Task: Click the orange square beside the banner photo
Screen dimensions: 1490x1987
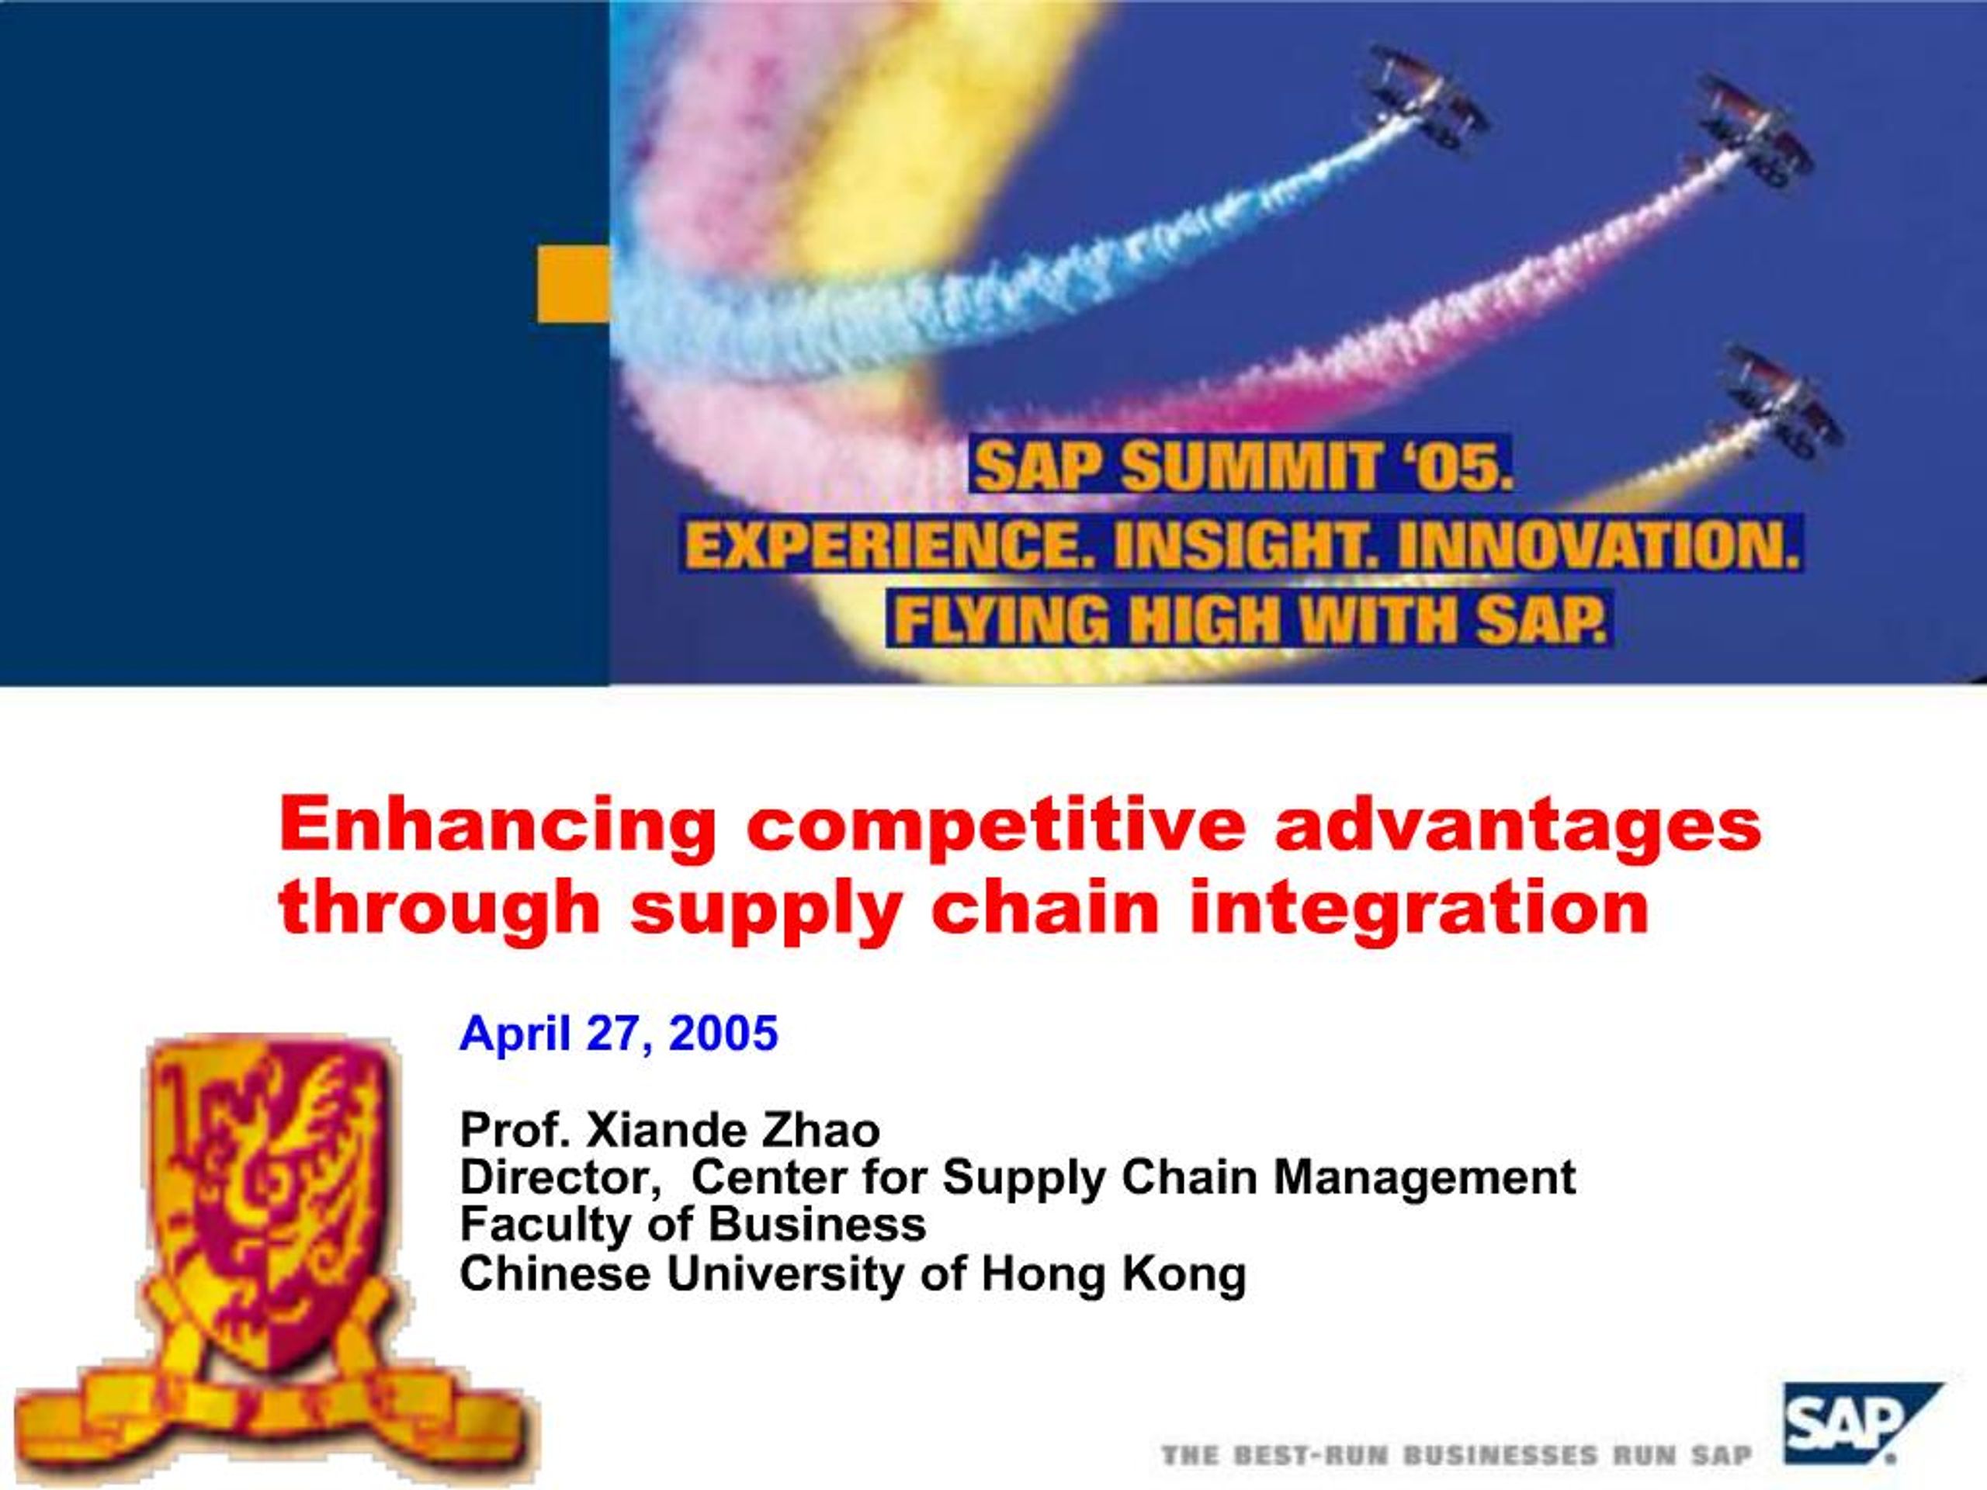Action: (573, 285)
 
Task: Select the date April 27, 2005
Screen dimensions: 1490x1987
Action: (618, 1033)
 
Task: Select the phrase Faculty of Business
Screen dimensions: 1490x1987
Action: (692, 1224)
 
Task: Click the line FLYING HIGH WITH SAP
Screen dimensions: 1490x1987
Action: (1249, 619)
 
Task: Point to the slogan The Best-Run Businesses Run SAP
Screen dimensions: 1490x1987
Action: (1456, 1455)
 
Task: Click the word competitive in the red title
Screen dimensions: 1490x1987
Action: (995, 824)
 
